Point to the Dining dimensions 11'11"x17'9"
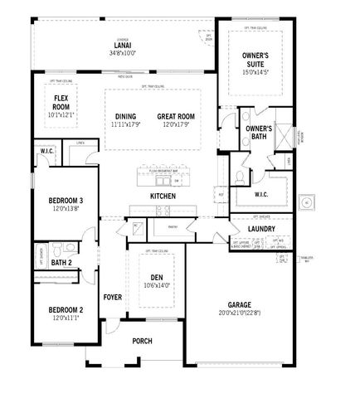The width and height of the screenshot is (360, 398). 126,124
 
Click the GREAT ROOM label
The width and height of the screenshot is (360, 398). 177,116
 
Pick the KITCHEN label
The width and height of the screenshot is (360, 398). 163,196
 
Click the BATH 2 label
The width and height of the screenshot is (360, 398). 61,263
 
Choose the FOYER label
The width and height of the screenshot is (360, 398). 112,297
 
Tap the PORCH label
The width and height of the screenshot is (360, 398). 143,340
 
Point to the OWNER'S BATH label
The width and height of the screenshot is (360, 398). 259,133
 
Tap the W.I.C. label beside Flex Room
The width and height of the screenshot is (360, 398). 46,152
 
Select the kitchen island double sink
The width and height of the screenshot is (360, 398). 163,179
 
